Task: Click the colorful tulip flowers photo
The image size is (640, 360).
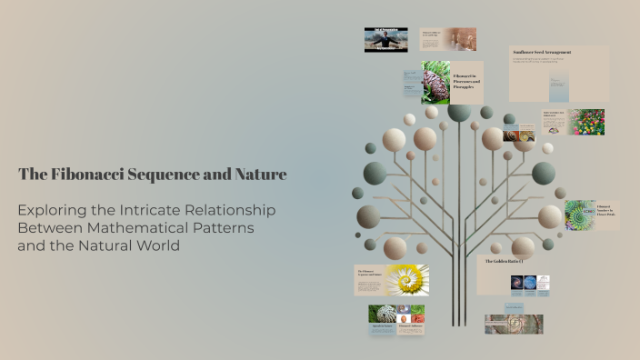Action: click(x=586, y=122)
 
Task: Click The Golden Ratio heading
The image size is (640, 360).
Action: click(x=503, y=261)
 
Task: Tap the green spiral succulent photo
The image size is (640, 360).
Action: click(x=580, y=215)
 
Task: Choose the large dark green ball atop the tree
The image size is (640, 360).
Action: click(x=459, y=112)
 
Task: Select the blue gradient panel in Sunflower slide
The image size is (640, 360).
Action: click(x=557, y=89)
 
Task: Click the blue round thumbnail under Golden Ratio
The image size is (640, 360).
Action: click(x=530, y=282)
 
